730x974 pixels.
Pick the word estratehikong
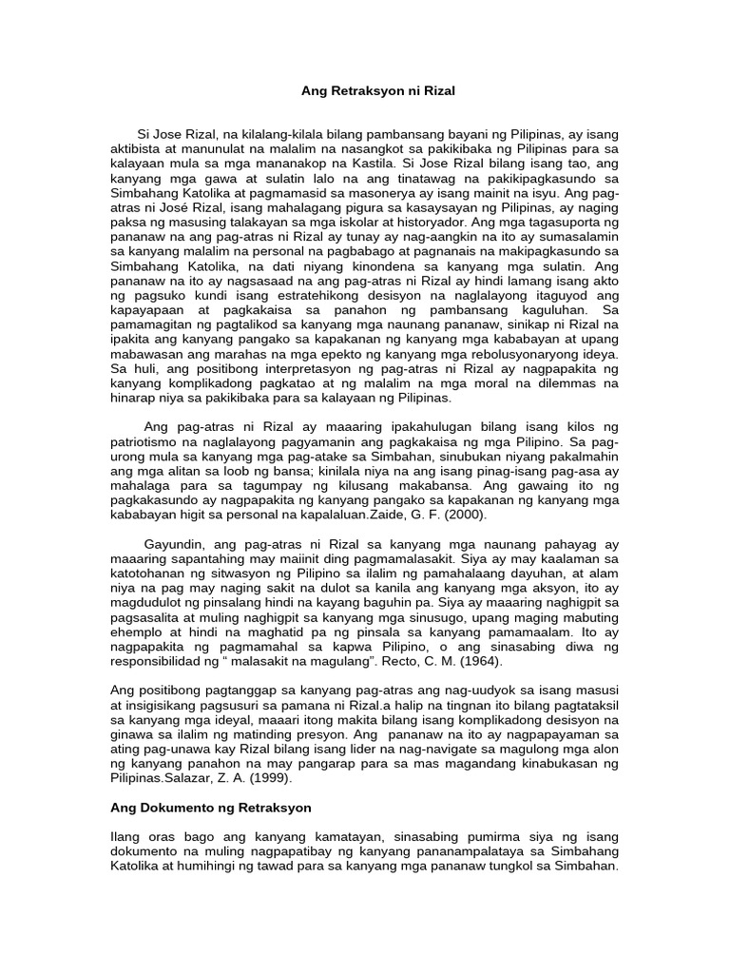pos(272,295)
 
